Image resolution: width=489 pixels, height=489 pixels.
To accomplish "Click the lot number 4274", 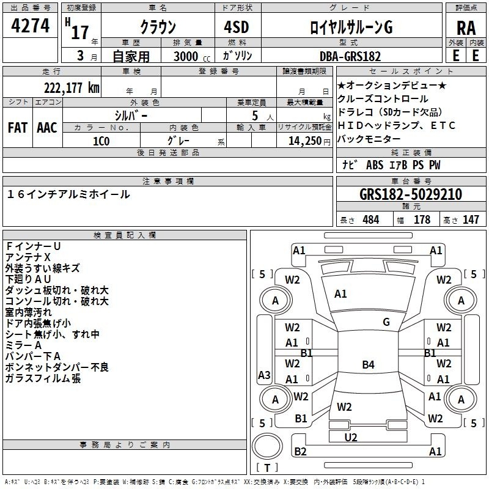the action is [x=30, y=26].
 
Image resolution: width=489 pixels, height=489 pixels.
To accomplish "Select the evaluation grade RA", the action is [x=466, y=28].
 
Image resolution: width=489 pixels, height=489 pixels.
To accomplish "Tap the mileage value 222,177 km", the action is [x=72, y=88].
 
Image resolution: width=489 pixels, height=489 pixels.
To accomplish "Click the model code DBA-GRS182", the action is [x=350, y=56].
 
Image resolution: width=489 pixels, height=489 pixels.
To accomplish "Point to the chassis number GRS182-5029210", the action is [x=410, y=194].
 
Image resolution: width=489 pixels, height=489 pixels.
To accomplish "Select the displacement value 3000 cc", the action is [x=192, y=56].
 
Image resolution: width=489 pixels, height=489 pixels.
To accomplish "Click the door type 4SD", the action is [x=237, y=27].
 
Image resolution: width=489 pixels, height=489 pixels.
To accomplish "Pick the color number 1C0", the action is [x=101, y=141].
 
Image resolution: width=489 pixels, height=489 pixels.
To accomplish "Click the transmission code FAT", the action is [x=18, y=128].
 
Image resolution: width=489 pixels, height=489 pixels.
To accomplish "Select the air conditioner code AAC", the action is [x=47, y=128].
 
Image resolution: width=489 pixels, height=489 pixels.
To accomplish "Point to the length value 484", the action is [x=371, y=219].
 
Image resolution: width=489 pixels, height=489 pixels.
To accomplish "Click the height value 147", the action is [x=471, y=219].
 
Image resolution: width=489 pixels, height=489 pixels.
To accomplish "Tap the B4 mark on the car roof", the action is [x=369, y=364].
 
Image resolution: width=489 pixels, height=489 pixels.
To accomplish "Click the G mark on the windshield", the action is [x=386, y=322].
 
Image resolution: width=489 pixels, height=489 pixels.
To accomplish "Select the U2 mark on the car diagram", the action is [x=351, y=438].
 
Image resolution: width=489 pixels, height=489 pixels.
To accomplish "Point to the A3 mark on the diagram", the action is [x=264, y=375].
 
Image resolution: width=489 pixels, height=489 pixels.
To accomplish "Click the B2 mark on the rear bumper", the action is [x=300, y=451].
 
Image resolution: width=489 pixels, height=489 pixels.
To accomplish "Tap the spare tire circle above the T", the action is [x=267, y=446].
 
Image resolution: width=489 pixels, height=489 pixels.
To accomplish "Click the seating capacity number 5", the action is [x=255, y=116].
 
